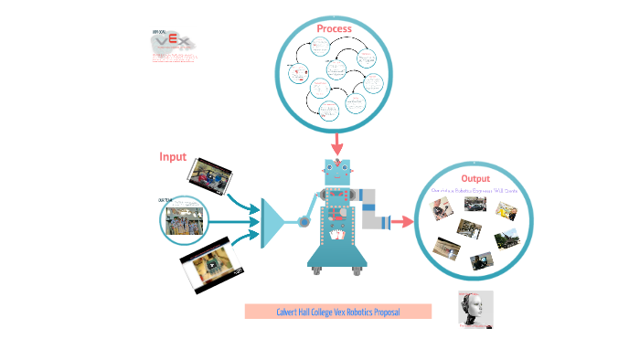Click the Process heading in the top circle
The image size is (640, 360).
click(334, 29)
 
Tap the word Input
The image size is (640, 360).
click(173, 156)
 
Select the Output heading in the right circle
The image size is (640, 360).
click(475, 178)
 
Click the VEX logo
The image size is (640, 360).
click(173, 42)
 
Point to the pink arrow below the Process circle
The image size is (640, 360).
click(337, 143)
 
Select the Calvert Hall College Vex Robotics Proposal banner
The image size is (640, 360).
click(337, 312)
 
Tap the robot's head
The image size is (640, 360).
click(337, 171)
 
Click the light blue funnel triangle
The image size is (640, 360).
click(272, 220)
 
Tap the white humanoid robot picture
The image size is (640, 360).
click(475, 309)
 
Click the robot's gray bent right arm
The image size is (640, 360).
click(370, 208)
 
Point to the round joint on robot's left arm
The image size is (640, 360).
click(302, 220)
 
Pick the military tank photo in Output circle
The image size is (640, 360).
click(507, 240)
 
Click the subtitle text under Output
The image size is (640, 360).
click(475, 190)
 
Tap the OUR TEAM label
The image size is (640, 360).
click(165, 199)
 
